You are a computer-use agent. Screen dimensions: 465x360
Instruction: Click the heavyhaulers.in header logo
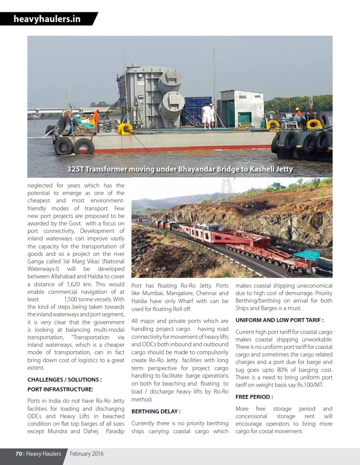click(47, 19)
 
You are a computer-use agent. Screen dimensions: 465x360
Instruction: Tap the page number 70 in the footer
click(19, 454)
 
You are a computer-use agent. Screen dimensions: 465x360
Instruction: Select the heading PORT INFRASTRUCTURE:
click(60, 389)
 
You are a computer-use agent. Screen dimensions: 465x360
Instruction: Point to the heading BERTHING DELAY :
click(156, 411)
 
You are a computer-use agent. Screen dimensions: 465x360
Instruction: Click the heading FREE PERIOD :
click(254, 397)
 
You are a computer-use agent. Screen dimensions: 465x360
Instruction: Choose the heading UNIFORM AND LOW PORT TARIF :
click(280, 320)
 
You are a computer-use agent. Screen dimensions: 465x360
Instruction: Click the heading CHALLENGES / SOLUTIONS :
click(64, 379)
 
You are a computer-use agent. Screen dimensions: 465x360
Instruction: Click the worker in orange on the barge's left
click(96, 118)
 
